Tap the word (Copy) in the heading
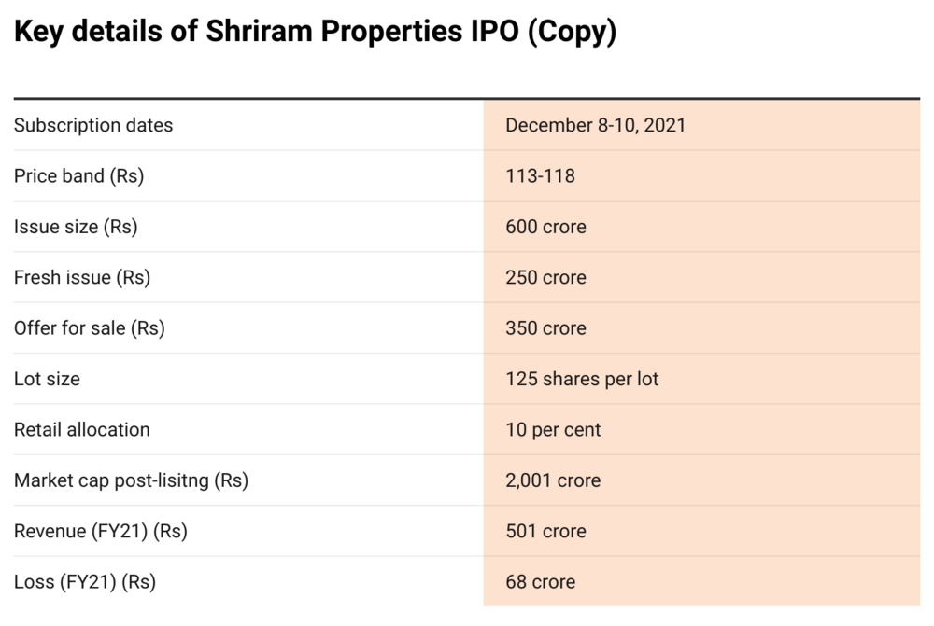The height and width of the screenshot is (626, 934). (x=572, y=31)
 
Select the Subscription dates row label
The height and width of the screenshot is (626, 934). (x=93, y=125)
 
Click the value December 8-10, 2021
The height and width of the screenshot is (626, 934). (x=595, y=125)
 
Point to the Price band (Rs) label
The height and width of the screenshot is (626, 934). (x=78, y=175)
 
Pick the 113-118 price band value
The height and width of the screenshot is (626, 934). (x=540, y=175)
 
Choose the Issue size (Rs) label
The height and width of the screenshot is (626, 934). (x=76, y=227)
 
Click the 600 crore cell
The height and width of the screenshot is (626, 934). (x=545, y=227)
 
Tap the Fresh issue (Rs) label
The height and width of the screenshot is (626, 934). (x=81, y=277)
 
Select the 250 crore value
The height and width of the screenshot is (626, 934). (x=545, y=277)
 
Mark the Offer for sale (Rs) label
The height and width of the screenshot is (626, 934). (x=89, y=327)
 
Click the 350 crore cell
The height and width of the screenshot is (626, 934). (x=545, y=327)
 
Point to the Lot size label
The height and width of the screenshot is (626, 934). (x=47, y=379)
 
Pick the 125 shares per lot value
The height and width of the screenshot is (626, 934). (x=582, y=379)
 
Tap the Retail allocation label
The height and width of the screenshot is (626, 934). (x=81, y=429)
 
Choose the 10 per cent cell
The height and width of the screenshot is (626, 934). (x=553, y=429)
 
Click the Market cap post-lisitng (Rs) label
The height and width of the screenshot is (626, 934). (x=131, y=480)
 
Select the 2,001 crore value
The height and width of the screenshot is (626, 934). (x=553, y=480)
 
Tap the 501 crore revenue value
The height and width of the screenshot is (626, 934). (x=545, y=531)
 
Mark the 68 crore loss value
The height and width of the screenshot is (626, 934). (x=540, y=581)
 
